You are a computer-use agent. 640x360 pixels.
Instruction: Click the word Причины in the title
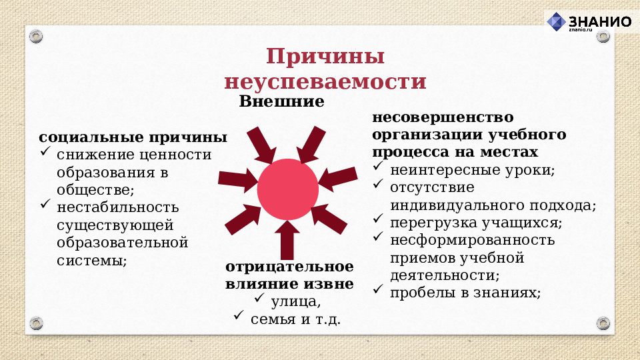[x=325, y=56]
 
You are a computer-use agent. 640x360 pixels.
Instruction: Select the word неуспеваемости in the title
[x=325, y=81]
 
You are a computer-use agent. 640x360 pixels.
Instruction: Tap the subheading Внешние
[x=281, y=102]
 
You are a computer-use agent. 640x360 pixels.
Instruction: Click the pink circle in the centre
[x=287, y=189]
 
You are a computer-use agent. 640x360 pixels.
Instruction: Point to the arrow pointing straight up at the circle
[x=287, y=240]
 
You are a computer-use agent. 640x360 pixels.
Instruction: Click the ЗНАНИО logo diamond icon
[x=557, y=22]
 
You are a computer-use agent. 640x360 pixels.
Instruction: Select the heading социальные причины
[x=133, y=137]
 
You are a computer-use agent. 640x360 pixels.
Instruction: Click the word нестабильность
[x=118, y=207]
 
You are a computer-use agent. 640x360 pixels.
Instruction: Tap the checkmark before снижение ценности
[x=45, y=153]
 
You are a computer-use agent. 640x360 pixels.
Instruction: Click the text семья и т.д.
[x=295, y=319]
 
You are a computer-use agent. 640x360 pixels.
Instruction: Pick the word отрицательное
[x=289, y=267]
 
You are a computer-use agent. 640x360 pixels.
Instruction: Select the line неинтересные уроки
[x=472, y=169]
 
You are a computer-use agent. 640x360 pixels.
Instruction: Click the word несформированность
[x=472, y=240]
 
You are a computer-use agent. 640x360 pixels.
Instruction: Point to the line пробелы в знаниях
[x=465, y=292]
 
